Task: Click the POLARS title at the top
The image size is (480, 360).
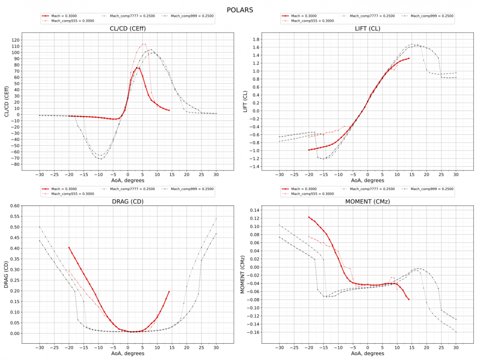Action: click(x=240, y=10)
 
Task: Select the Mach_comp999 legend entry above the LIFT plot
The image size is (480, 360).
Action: click(x=432, y=16)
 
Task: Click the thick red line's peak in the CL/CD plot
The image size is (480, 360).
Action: click(x=137, y=68)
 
